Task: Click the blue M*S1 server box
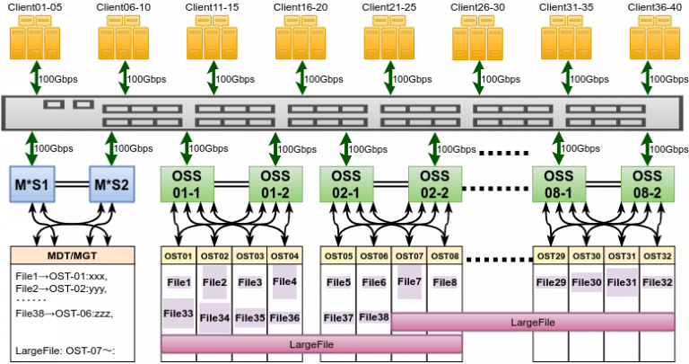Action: coord(32,184)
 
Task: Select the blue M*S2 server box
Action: coord(112,184)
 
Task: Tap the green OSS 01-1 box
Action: coord(186,184)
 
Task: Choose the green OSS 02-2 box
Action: coord(434,184)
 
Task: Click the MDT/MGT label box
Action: coord(72,256)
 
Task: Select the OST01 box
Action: coord(179,256)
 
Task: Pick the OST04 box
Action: coord(284,256)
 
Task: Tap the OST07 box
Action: coord(409,256)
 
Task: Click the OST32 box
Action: coord(657,256)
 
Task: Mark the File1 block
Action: coord(179,282)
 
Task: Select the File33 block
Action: coord(179,314)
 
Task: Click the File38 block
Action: coord(374,316)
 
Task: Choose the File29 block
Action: coord(551,282)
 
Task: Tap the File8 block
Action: coord(445,282)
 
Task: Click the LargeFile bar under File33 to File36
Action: coord(311,344)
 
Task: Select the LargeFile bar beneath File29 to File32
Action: coord(533,322)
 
